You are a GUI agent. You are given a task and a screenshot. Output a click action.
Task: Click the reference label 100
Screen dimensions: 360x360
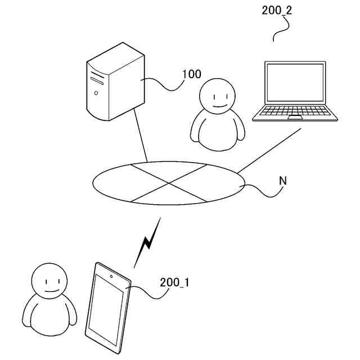tap(192, 74)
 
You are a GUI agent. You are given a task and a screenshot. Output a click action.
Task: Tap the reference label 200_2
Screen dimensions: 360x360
tap(277, 10)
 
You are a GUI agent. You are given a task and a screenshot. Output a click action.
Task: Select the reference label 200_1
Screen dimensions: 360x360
tap(174, 282)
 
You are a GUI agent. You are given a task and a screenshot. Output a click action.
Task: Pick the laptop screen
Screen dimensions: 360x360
tap(295, 83)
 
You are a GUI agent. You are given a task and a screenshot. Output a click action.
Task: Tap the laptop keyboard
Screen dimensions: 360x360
tap(296, 111)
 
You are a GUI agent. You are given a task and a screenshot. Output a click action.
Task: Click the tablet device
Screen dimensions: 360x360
tap(108, 308)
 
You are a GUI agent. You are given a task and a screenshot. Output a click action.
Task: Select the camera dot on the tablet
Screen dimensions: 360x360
tap(112, 276)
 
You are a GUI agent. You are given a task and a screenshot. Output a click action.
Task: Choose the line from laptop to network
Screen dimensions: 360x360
tap(269, 149)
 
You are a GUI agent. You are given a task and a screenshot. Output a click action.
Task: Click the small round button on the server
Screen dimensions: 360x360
tap(96, 92)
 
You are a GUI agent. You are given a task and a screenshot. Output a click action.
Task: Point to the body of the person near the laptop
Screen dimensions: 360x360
tap(218, 132)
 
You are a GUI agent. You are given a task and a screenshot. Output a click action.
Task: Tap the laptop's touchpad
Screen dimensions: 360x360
tap(295, 118)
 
